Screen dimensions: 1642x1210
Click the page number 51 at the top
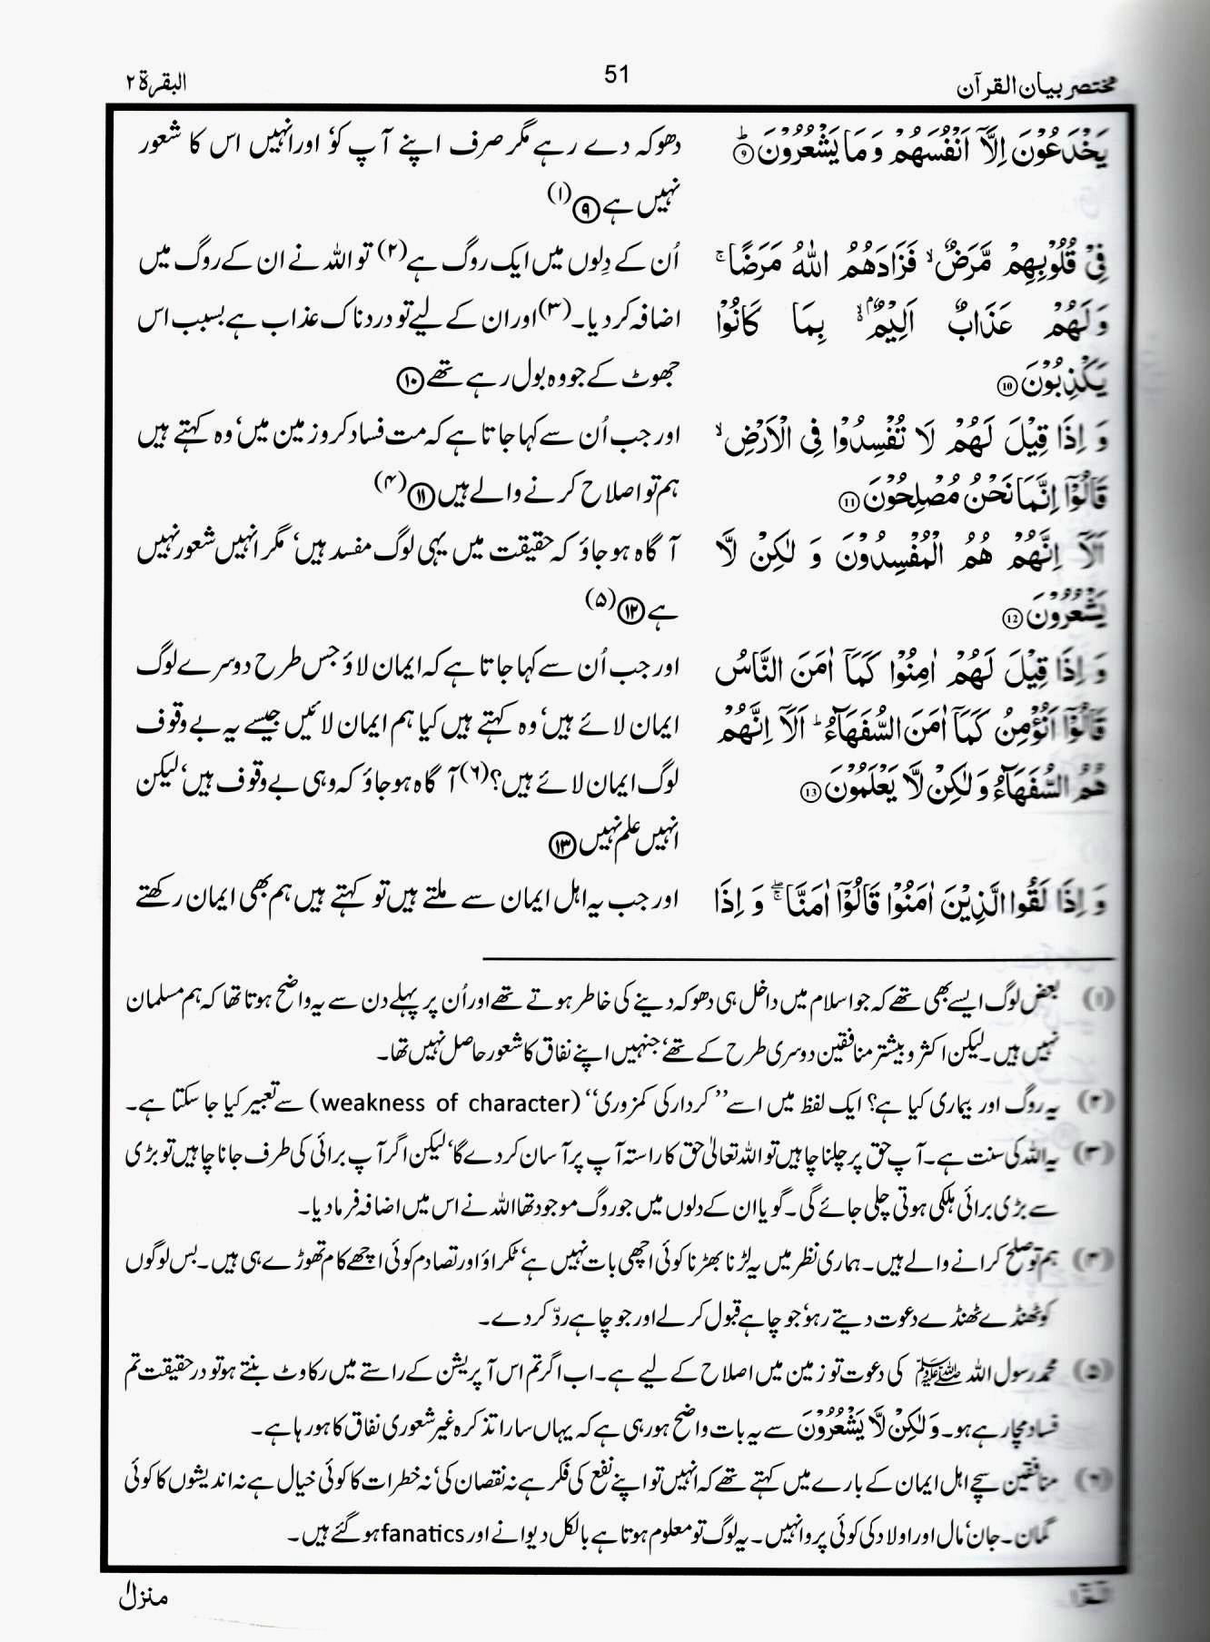tap(616, 74)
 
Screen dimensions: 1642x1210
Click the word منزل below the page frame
tap(143, 1596)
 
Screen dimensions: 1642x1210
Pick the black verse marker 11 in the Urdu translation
tap(420, 497)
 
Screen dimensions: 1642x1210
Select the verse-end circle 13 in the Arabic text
tap(811, 790)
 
